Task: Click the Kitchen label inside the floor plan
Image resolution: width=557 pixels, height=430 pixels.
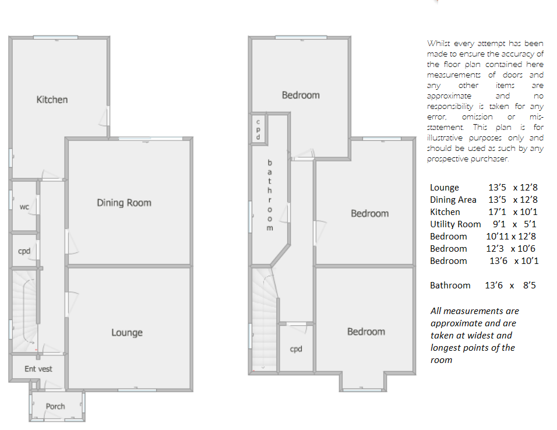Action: coord(52,100)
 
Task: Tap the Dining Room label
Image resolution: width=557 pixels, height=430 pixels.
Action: coord(124,203)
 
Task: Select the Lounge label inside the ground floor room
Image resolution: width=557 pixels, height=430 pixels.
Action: coord(127,332)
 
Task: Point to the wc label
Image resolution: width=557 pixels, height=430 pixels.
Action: coord(24,207)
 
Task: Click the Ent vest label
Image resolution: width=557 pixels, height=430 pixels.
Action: coord(38,369)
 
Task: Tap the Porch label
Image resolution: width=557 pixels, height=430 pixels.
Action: coord(55,406)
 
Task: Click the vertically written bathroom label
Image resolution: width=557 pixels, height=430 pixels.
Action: coord(270,195)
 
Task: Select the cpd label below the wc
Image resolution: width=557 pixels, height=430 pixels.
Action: coord(24,251)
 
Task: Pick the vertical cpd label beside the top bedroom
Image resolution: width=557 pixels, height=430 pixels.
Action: coord(258,129)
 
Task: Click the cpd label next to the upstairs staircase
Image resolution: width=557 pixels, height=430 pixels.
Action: coord(296,349)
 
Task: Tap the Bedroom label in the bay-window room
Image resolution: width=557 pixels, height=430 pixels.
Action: coord(366,332)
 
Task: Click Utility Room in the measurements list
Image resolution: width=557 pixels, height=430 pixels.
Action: coord(456,224)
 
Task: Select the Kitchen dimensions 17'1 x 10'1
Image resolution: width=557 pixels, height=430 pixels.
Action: coord(513,212)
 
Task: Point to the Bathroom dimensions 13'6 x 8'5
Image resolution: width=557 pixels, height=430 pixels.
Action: coord(510,286)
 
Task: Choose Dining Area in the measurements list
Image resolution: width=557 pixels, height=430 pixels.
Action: coord(453,200)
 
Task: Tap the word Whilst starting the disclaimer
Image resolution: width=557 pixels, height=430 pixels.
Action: coord(439,43)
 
